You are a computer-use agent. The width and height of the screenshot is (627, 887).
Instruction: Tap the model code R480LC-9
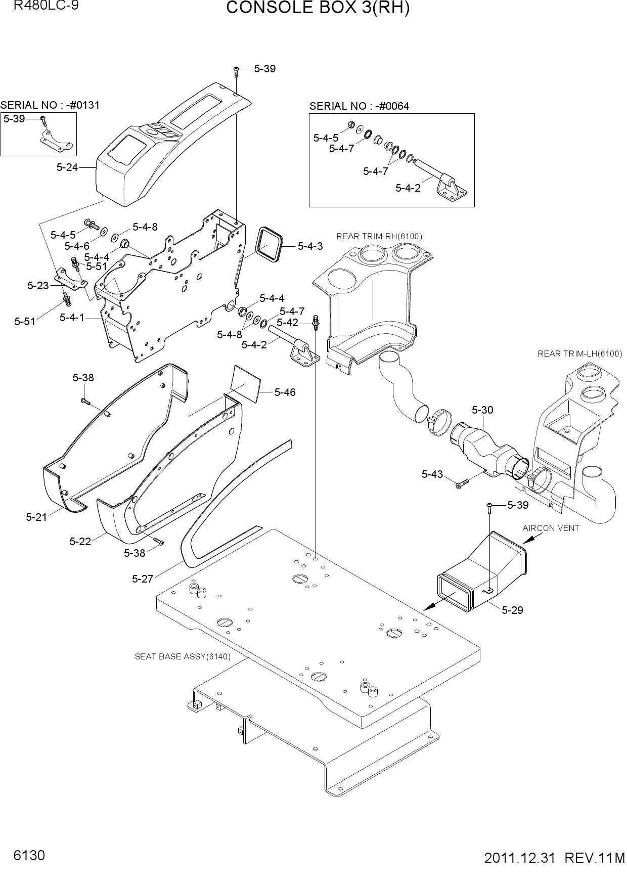click(x=46, y=6)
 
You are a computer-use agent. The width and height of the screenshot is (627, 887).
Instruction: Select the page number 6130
click(x=30, y=856)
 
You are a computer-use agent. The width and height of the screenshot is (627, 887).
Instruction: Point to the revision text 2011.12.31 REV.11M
click(x=554, y=858)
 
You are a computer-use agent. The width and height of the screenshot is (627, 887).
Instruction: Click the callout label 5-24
click(x=67, y=167)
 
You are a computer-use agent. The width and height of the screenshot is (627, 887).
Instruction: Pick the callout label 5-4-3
click(x=310, y=246)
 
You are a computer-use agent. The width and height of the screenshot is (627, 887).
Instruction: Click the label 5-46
click(x=285, y=392)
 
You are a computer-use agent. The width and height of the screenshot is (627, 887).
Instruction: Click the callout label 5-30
click(x=482, y=410)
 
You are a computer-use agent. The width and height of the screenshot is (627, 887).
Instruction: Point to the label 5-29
click(x=512, y=610)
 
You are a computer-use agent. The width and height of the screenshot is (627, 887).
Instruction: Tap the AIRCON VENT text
click(x=551, y=528)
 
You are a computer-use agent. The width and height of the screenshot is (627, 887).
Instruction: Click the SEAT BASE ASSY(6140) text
click(x=183, y=656)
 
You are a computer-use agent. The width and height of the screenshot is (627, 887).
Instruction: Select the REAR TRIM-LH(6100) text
click(x=580, y=353)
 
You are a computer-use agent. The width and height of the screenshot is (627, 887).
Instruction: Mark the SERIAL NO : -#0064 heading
click(x=359, y=106)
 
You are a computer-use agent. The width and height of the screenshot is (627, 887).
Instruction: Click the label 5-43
click(x=432, y=474)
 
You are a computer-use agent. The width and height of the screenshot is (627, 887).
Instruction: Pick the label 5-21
click(x=36, y=517)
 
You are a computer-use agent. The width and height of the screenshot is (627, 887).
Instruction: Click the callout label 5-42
click(x=287, y=323)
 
